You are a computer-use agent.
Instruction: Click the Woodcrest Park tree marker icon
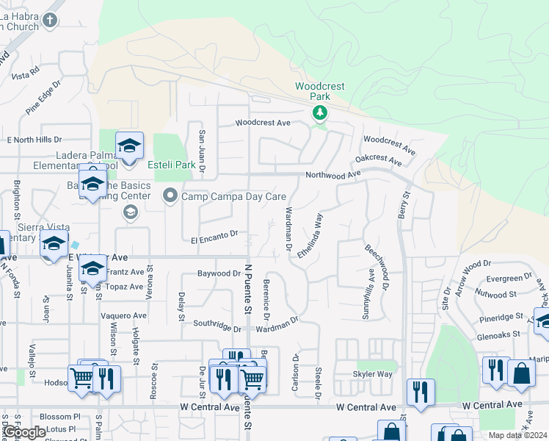click(x=319, y=112)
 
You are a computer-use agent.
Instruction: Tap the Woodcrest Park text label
click(x=320, y=91)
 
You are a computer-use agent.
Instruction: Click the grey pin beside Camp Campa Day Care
click(x=170, y=195)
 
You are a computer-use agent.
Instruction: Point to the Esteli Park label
click(x=172, y=165)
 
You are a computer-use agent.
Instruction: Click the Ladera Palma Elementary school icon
click(x=129, y=147)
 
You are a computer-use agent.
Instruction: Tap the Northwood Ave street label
click(x=334, y=174)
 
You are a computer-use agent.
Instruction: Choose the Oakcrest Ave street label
click(x=379, y=159)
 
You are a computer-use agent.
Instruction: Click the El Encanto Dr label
click(x=214, y=236)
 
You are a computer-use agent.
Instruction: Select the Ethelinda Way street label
click(x=310, y=235)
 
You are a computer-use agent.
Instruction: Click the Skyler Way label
click(x=372, y=374)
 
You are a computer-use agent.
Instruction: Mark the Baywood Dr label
click(x=219, y=273)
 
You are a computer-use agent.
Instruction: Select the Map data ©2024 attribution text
click(x=517, y=435)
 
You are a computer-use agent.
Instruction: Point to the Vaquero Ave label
click(x=124, y=315)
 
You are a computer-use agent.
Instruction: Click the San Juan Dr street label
click(x=202, y=152)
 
